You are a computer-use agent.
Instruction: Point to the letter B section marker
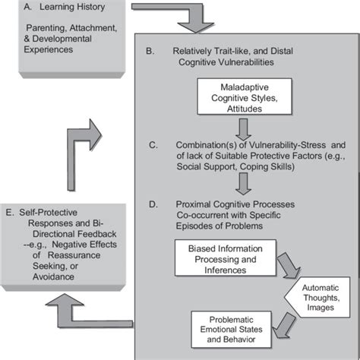150,51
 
